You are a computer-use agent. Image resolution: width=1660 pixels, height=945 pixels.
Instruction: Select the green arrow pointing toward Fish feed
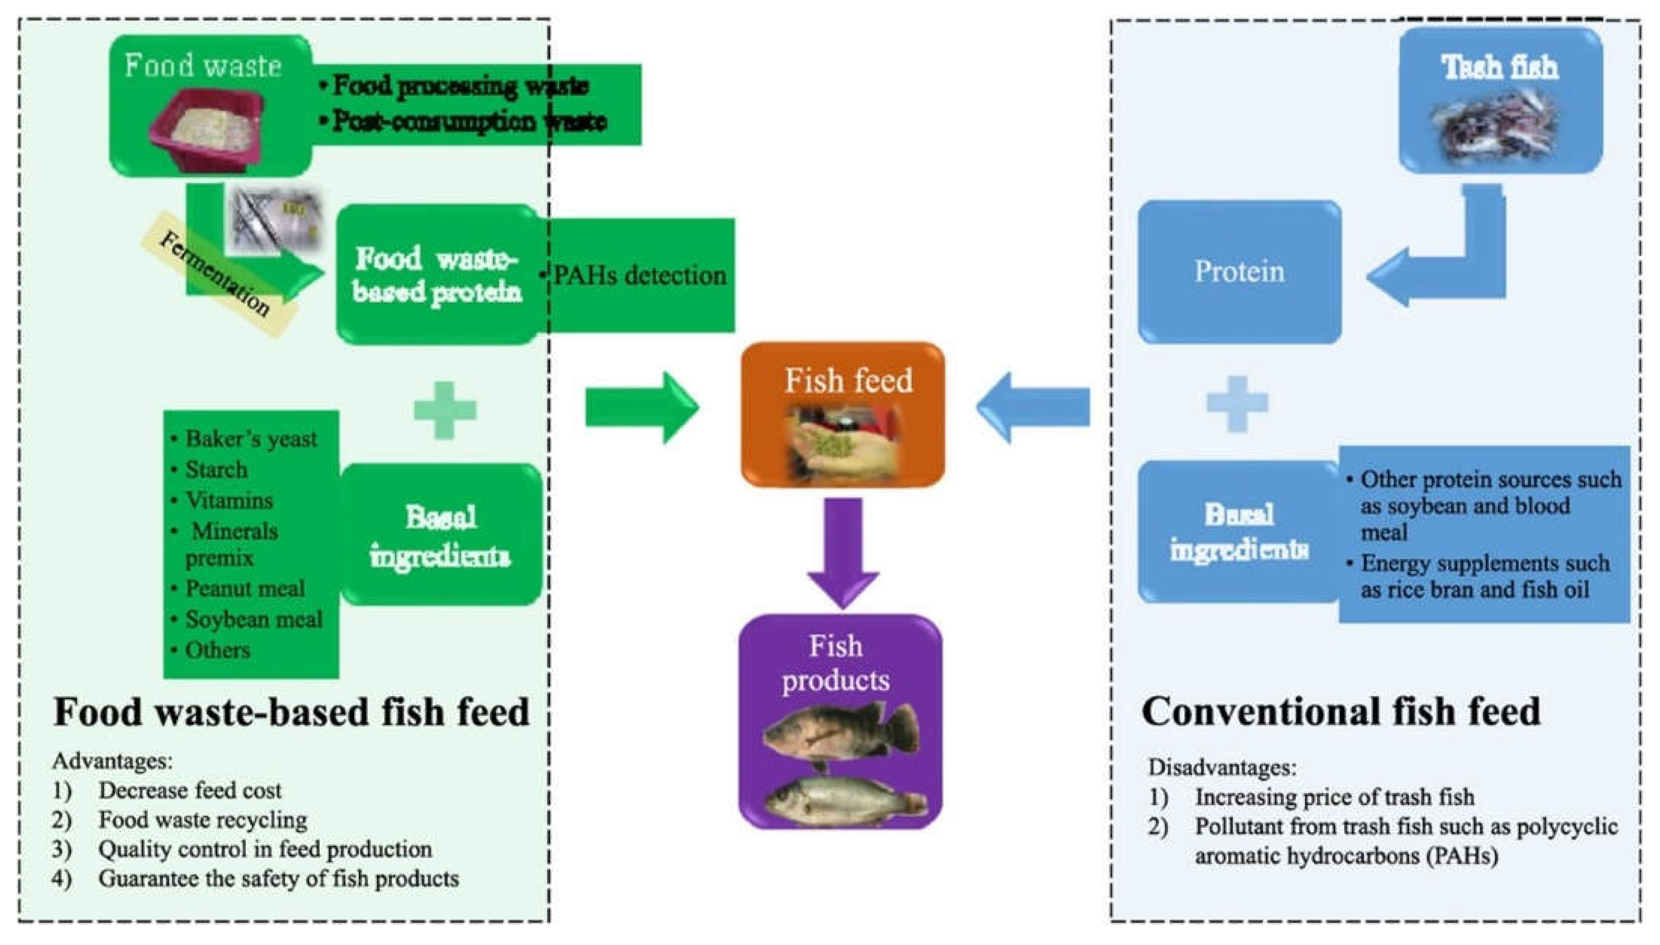pyautogui.click(x=642, y=407)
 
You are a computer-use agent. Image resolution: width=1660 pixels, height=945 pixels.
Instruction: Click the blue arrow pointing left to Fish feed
pyautogui.click(x=1033, y=407)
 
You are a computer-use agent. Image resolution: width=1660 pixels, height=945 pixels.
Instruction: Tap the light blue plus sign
pyautogui.click(x=1238, y=404)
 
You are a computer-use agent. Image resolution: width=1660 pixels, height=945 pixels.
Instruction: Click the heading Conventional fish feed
pyautogui.click(x=1341, y=711)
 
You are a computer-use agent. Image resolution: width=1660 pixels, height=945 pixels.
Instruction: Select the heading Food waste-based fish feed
pyautogui.click(x=291, y=711)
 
